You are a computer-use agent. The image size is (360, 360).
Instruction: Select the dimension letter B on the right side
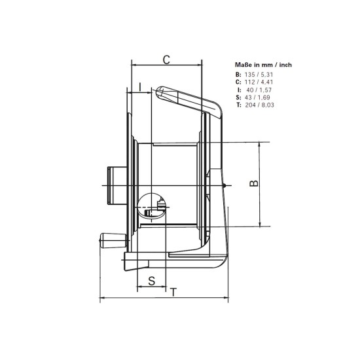coord(254,184)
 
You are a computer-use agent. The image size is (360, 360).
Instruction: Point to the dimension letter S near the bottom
coord(151,281)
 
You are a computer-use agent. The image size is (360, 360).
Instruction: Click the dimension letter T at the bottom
coord(173,292)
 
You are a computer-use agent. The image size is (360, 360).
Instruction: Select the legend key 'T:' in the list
coord(238,104)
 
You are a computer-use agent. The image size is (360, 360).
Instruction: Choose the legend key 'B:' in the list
coord(238,75)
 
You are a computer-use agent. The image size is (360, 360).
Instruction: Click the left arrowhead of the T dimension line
coord(101,299)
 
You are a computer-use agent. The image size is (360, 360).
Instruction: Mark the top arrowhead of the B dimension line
coord(261,145)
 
